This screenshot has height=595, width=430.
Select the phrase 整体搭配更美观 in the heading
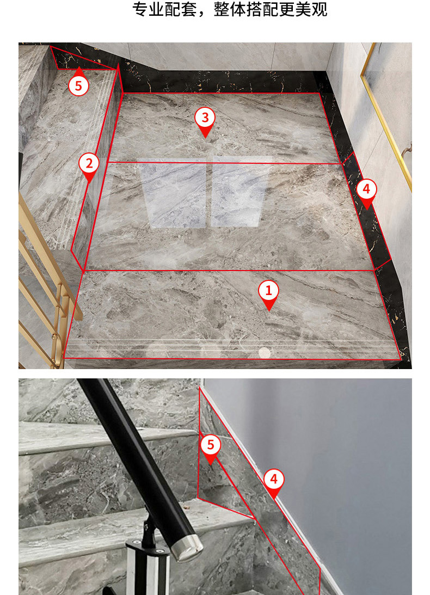pos(271,9)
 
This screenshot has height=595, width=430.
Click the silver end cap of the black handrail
pos(187,548)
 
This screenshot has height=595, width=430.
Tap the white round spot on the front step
pos(265,353)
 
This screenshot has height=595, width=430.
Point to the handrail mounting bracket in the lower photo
pos(148,562)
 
